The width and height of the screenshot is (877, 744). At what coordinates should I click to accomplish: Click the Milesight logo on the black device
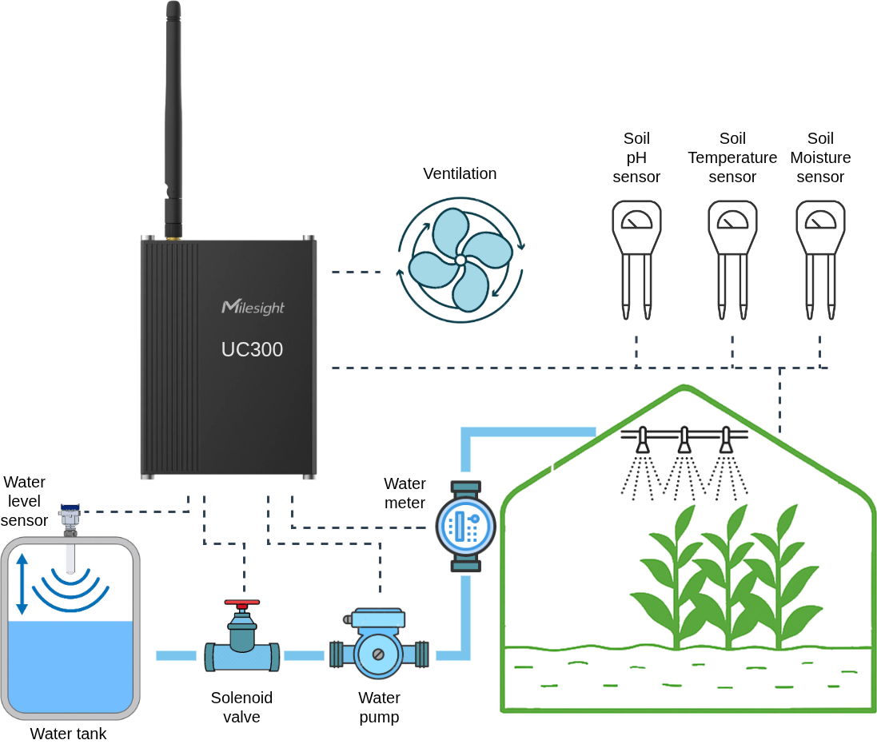tap(253, 307)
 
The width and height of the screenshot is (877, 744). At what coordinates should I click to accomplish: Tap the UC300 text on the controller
tap(252, 350)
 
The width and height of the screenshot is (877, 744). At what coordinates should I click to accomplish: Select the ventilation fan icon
tap(460, 261)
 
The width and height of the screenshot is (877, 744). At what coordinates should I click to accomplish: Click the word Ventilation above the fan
tap(460, 173)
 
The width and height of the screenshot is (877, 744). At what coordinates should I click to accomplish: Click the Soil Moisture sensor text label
tap(820, 157)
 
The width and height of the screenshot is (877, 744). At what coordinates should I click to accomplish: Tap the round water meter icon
tap(466, 526)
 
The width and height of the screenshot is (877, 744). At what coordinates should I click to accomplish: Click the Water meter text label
tap(405, 492)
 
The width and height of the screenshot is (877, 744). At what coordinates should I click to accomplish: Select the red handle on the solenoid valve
tap(241, 603)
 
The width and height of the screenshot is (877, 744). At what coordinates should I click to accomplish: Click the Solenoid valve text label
tap(241, 707)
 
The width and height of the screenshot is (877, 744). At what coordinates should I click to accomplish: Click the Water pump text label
tap(379, 707)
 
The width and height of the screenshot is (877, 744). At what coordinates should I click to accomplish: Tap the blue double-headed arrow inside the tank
tap(22, 583)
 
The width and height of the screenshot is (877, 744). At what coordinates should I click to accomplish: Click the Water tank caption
tap(68, 734)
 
